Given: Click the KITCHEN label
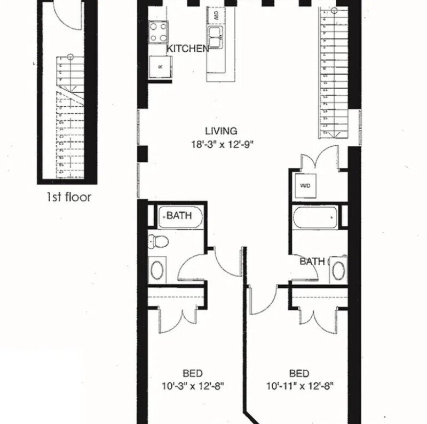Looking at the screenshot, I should click(x=187, y=49).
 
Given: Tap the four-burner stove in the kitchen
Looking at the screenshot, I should click(x=159, y=32).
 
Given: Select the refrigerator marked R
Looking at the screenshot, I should click(x=160, y=67).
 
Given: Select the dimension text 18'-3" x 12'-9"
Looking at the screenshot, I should click(x=220, y=143).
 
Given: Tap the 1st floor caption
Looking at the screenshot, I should click(x=68, y=197).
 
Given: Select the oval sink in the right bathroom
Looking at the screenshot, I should click(x=338, y=270).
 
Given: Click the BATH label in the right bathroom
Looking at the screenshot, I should click(x=312, y=262).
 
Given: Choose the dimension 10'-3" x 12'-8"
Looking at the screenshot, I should click(x=192, y=386).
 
